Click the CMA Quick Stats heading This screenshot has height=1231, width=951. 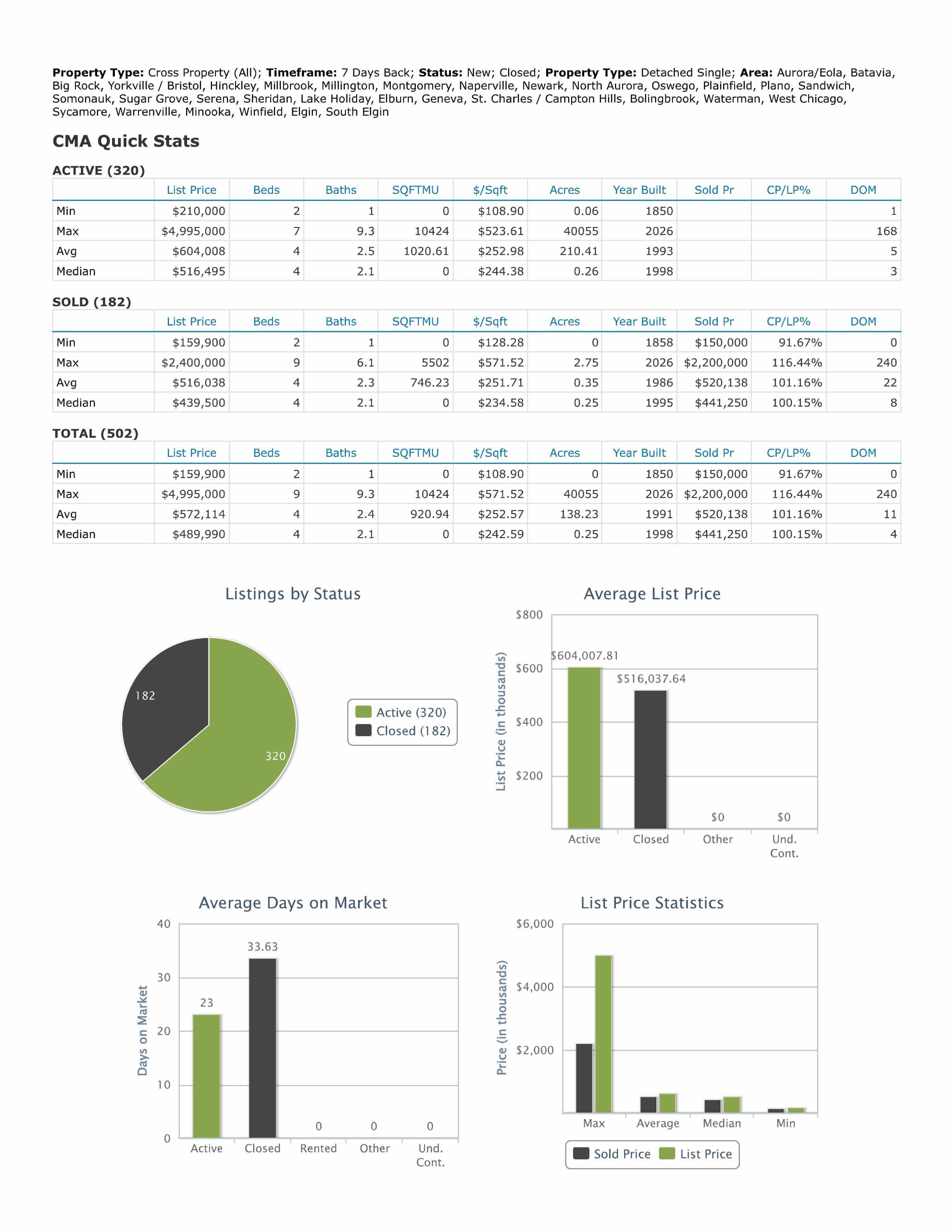(x=125, y=141)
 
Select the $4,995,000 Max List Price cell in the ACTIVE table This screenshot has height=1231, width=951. (x=193, y=231)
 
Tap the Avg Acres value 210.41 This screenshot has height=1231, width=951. (x=578, y=251)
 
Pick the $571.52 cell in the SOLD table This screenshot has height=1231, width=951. (x=501, y=363)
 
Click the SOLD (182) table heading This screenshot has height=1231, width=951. (x=92, y=302)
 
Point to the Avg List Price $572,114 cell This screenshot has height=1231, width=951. (x=199, y=514)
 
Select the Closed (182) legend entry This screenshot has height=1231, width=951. (x=403, y=731)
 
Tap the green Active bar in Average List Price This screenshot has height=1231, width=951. (x=584, y=748)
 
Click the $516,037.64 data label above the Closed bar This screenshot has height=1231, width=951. (x=651, y=678)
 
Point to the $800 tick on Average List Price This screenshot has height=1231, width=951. (x=529, y=615)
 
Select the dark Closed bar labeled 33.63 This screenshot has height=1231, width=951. (x=263, y=1048)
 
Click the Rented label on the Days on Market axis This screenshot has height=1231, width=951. (x=318, y=1148)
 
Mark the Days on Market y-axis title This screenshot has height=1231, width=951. (x=143, y=1030)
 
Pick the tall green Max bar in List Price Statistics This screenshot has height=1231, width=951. (x=603, y=1034)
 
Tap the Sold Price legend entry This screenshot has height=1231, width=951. (x=612, y=1154)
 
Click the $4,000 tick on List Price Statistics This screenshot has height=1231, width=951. (x=535, y=987)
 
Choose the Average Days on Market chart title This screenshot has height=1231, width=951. (x=293, y=903)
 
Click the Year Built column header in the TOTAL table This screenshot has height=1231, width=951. (x=639, y=452)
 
